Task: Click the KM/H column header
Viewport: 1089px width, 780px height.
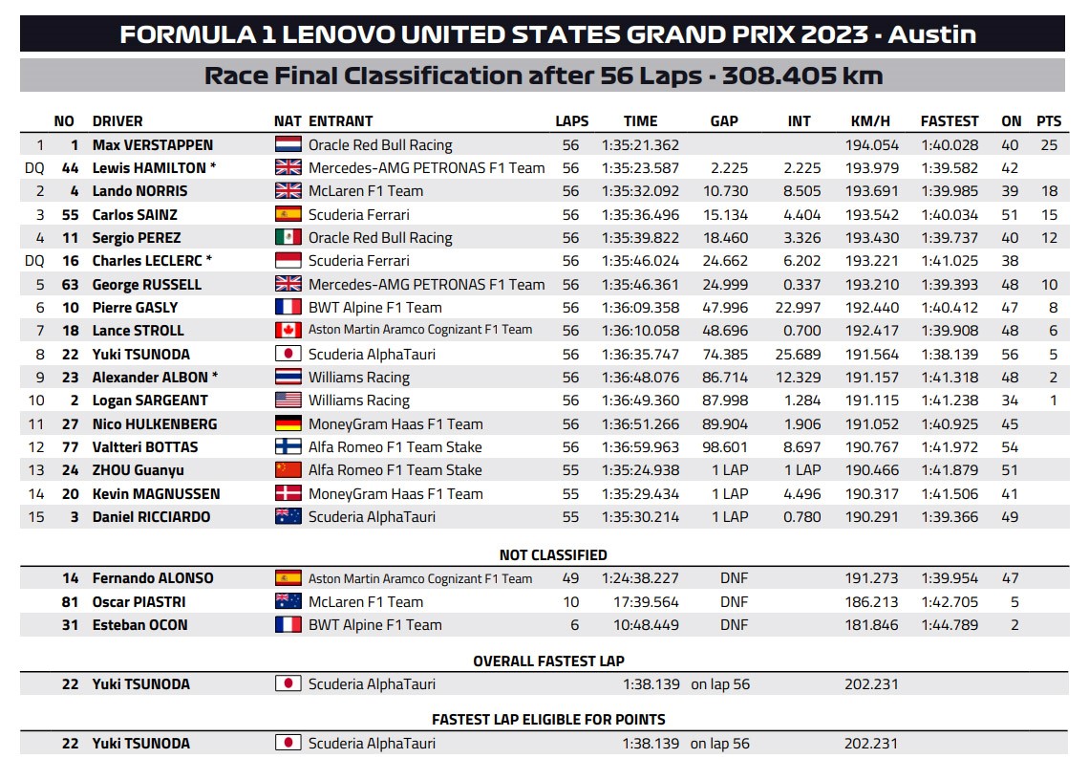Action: tap(869, 121)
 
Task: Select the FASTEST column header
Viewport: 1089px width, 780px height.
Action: tap(949, 121)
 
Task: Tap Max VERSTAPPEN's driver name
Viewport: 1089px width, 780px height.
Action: tap(152, 145)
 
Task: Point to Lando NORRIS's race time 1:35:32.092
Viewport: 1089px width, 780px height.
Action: tap(640, 191)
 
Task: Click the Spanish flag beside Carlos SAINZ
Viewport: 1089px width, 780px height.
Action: tap(288, 214)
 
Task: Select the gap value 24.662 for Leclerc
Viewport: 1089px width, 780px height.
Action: tap(729, 261)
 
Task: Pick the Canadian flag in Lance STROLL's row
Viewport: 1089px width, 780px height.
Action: tap(288, 330)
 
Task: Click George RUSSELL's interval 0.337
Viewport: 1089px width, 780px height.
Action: tap(795, 284)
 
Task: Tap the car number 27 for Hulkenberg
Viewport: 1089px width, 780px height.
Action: tap(70, 423)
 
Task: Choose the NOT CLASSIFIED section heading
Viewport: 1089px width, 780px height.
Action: tap(553, 554)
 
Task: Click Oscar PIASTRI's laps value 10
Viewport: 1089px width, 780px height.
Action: tap(570, 602)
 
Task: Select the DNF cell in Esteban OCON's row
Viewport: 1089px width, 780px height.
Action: tap(734, 625)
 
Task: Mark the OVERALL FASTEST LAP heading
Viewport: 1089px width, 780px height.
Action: tap(548, 661)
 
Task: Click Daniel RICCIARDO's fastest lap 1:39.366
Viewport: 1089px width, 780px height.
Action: tap(950, 517)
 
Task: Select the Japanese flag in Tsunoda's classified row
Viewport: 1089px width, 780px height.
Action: tap(288, 354)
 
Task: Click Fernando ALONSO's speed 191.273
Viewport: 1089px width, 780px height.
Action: tap(869, 578)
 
